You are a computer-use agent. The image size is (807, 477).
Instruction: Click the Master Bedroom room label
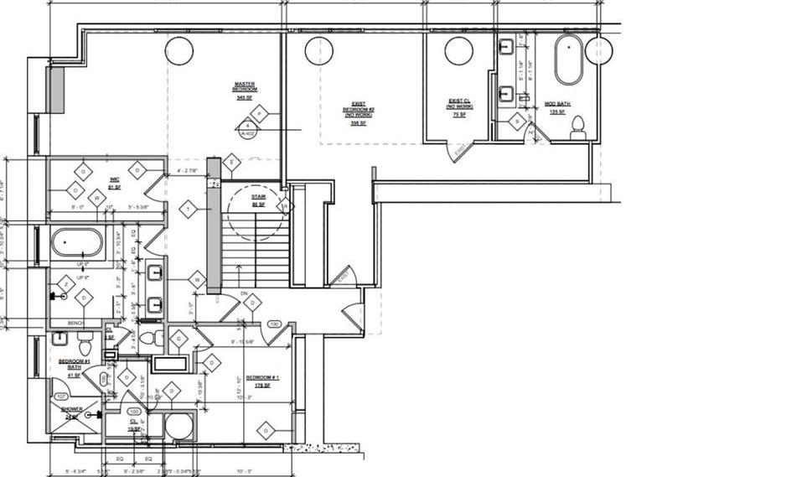[245, 87]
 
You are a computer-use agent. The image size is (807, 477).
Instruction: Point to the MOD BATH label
[556, 106]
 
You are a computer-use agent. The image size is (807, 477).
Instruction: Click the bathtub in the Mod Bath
[568, 60]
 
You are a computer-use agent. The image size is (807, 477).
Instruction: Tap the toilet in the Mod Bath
[577, 127]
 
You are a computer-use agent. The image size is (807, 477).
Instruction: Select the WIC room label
[114, 180]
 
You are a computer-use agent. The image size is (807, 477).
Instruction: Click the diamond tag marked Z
[63, 285]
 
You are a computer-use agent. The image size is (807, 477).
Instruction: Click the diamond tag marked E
[232, 163]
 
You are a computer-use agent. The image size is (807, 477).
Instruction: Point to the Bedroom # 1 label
[261, 380]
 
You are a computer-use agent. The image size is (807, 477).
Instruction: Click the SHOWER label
[71, 409]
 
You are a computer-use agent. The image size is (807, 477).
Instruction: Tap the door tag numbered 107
[61, 397]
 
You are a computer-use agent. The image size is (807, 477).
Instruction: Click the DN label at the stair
[243, 293]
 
